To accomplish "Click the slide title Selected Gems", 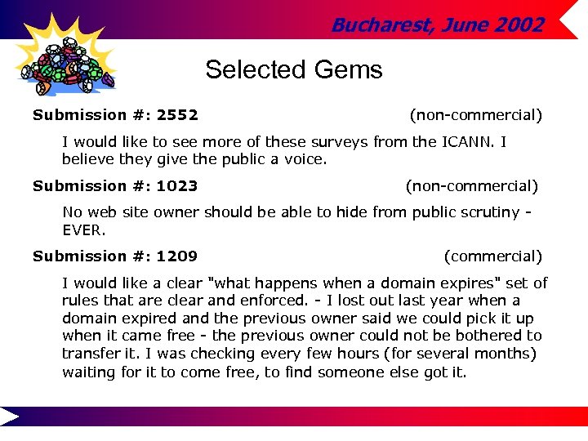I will click(x=294, y=70).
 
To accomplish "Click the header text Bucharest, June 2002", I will click(x=437, y=25).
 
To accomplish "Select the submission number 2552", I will click(x=177, y=116).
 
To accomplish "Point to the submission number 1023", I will click(x=177, y=186).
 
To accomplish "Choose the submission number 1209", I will click(x=177, y=256).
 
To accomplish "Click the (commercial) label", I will click(x=492, y=256).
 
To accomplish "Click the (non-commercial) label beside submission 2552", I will click(x=475, y=116).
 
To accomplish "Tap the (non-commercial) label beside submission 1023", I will click(x=472, y=186).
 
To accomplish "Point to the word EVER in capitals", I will click(x=84, y=230).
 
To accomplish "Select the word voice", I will click(x=304, y=160).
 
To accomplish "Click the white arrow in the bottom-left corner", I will click(x=10, y=416).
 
